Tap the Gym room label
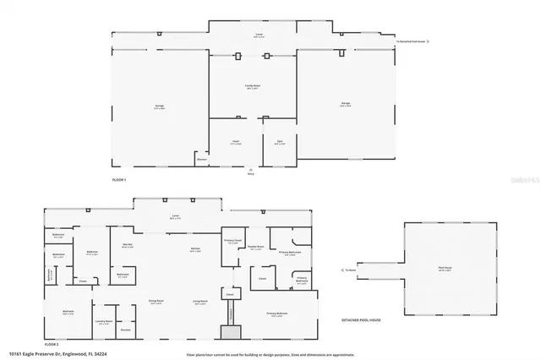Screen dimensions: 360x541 pyautogui.click(x=279, y=143)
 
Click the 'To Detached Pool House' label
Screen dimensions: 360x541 pyautogui.click(x=414, y=41)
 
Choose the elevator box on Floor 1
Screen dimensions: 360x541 pyautogui.click(x=201, y=159)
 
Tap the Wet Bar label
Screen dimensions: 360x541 pyautogui.click(x=128, y=247)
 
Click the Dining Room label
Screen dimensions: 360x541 pyautogui.click(x=156, y=302)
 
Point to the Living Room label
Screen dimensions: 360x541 pyautogui.click(x=199, y=302)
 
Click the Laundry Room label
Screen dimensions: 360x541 pyautogui.click(x=103, y=322)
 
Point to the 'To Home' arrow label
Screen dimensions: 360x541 pyautogui.click(x=351, y=270)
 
